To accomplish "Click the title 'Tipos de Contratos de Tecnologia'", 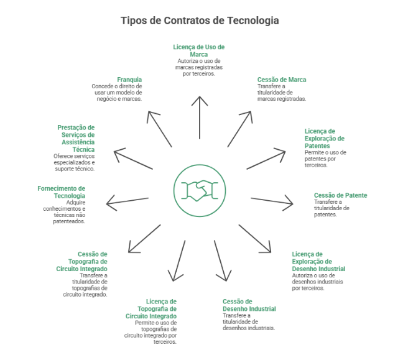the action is [x=200, y=21].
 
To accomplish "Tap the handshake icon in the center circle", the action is [x=200, y=190].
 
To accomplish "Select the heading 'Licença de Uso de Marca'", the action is [x=198, y=50].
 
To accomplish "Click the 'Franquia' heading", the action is [x=129, y=80].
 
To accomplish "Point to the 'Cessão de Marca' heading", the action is [x=282, y=80].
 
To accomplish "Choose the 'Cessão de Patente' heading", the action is [x=341, y=195].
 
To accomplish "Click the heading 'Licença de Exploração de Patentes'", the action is [x=325, y=139].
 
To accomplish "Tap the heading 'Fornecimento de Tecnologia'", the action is [x=61, y=192].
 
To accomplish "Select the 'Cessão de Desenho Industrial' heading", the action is [x=249, y=305].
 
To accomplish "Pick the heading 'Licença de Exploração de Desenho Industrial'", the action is [x=318, y=261].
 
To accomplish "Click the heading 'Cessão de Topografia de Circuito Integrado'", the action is [x=81, y=261].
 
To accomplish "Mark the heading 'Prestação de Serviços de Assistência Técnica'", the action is [x=76, y=139].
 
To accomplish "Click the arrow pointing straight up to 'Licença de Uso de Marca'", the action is [x=200, y=118].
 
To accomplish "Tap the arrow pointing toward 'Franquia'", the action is [x=159, y=129].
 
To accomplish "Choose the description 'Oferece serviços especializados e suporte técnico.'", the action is [x=74, y=162].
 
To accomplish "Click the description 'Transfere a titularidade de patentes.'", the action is [x=331, y=208].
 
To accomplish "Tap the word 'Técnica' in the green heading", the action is [x=83, y=150].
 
